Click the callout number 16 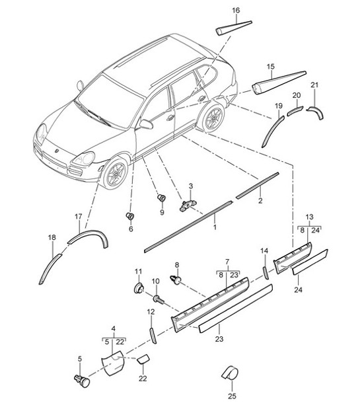236,11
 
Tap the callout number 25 232,396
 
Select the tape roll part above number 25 230,373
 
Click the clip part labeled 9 161,198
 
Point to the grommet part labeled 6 130,215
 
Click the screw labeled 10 158,299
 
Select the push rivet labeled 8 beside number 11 176,280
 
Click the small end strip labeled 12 153,336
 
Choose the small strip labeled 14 265,273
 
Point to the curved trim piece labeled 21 316,112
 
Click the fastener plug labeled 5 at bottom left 82,381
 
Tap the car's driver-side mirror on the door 146,124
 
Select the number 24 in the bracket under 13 316,230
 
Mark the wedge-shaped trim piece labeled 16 234,28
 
